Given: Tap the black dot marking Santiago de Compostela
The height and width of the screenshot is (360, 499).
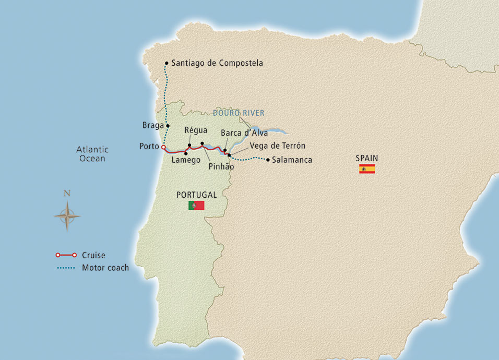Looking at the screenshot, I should [167, 63].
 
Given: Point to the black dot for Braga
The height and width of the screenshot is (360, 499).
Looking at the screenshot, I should [168, 126].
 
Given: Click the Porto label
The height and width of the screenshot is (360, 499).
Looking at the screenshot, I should [149, 147].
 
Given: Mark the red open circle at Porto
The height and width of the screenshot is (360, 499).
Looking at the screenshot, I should [163, 147].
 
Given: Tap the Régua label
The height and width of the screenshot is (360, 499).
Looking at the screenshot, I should [196, 130].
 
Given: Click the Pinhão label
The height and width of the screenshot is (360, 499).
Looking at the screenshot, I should [221, 167].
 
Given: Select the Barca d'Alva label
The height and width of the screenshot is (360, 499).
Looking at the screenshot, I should [244, 133].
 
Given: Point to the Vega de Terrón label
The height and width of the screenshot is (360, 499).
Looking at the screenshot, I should [278, 146].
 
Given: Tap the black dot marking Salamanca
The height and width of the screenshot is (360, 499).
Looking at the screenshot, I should [268, 160].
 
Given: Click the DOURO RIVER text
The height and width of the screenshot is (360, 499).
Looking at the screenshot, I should [239, 113].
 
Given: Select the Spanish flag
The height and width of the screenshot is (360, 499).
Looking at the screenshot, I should [367, 169].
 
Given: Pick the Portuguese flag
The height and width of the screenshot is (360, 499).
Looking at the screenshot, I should [196, 206].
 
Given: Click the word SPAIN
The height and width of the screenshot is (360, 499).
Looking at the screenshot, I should [367, 158].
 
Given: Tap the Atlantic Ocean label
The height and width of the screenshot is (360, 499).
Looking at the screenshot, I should [92, 154].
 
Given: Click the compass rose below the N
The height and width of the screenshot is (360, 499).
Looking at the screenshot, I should [67, 215].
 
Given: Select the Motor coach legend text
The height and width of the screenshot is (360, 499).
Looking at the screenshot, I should [105, 268].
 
